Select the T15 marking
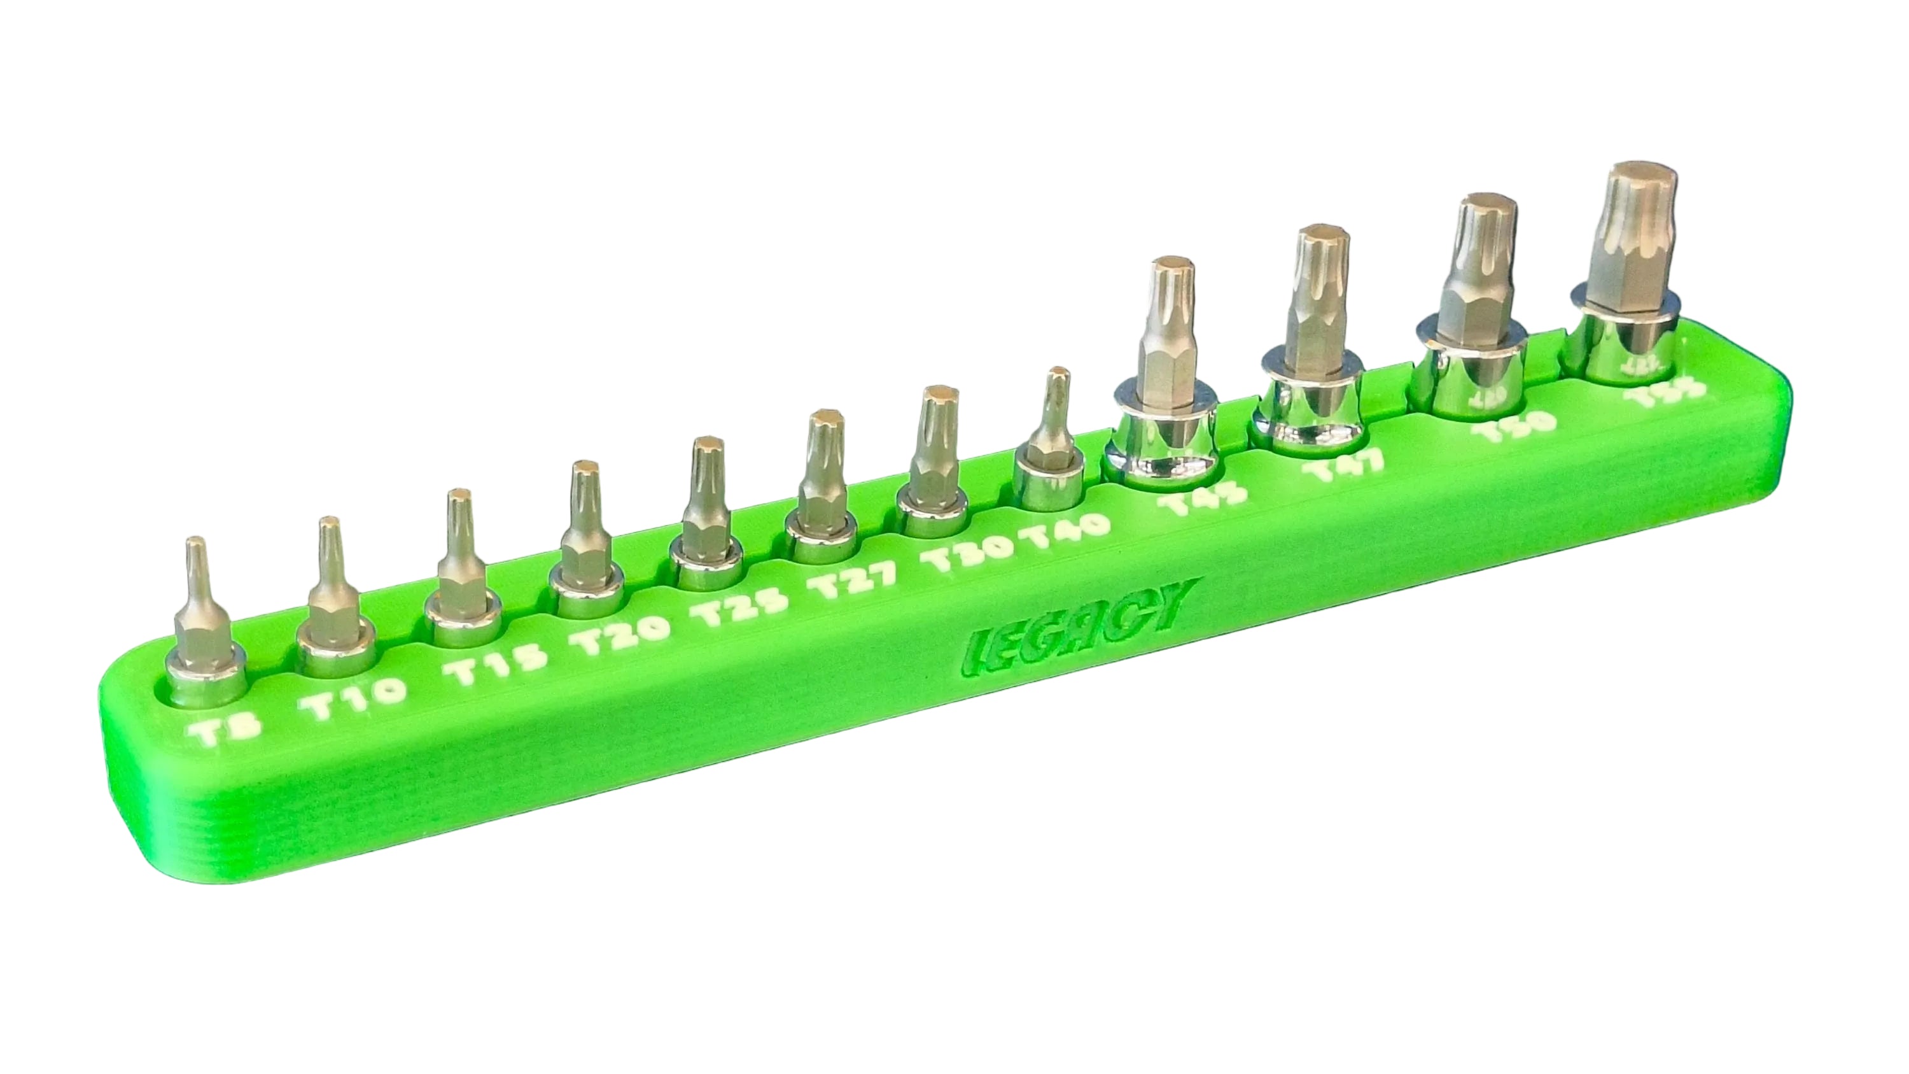[486, 672]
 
